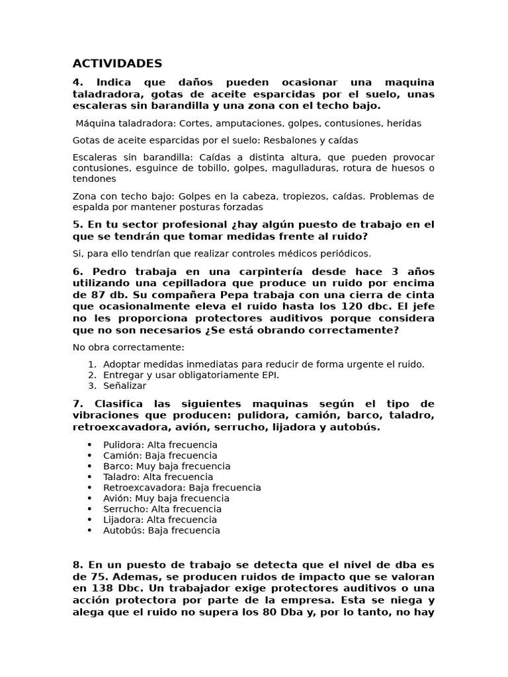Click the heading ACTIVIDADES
pos(117,63)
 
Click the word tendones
pos(94,179)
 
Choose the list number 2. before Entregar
pos(92,375)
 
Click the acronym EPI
pos(270,375)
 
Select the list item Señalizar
pos(124,385)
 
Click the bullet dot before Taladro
pos(89,477)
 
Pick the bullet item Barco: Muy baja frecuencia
pos(167,466)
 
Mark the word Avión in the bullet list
pos(116,498)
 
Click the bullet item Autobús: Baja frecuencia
pos(161,530)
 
